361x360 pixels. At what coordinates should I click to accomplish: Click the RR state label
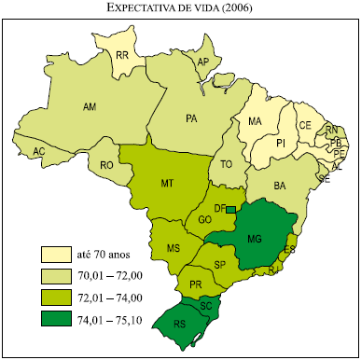[x=121, y=55]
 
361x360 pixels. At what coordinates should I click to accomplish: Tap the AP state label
[x=202, y=62]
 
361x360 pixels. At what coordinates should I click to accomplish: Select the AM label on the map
[x=90, y=108]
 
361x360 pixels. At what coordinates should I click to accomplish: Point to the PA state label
[x=192, y=119]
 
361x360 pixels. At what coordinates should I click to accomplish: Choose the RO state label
[x=107, y=165]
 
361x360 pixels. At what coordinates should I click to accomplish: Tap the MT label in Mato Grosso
[x=168, y=184]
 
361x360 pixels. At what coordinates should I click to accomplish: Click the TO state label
[x=226, y=164]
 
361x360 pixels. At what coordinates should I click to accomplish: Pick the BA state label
[x=279, y=187]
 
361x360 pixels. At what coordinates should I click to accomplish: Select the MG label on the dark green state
[x=254, y=240]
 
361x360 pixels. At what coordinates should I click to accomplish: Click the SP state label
[x=221, y=265]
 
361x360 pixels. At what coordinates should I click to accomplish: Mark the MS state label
[x=173, y=248]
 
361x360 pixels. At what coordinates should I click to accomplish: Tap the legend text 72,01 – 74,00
[x=110, y=298]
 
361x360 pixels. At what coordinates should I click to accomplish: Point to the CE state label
[x=305, y=125]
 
